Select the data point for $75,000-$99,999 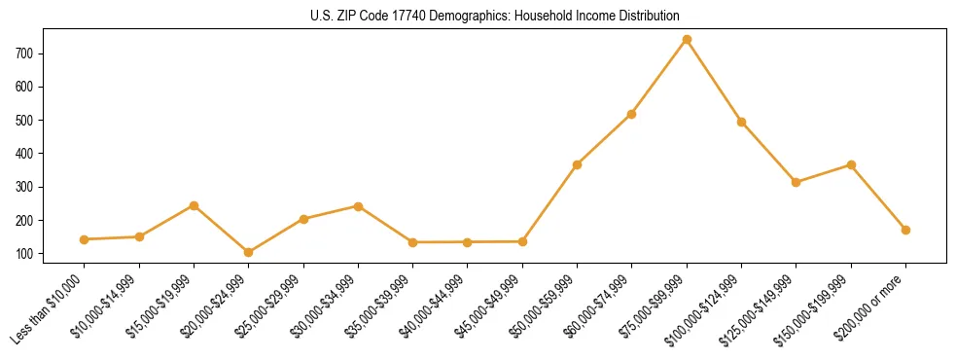coord(687,40)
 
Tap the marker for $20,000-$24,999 coord(249,252)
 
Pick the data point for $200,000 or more coord(905,230)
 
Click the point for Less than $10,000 coord(85,239)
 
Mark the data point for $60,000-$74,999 coord(632,115)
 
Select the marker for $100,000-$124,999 coord(741,122)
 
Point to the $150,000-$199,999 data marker coord(851,165)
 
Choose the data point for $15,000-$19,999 coord(194,206)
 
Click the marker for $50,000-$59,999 coord(578,165)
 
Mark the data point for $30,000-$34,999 coord(358,206)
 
